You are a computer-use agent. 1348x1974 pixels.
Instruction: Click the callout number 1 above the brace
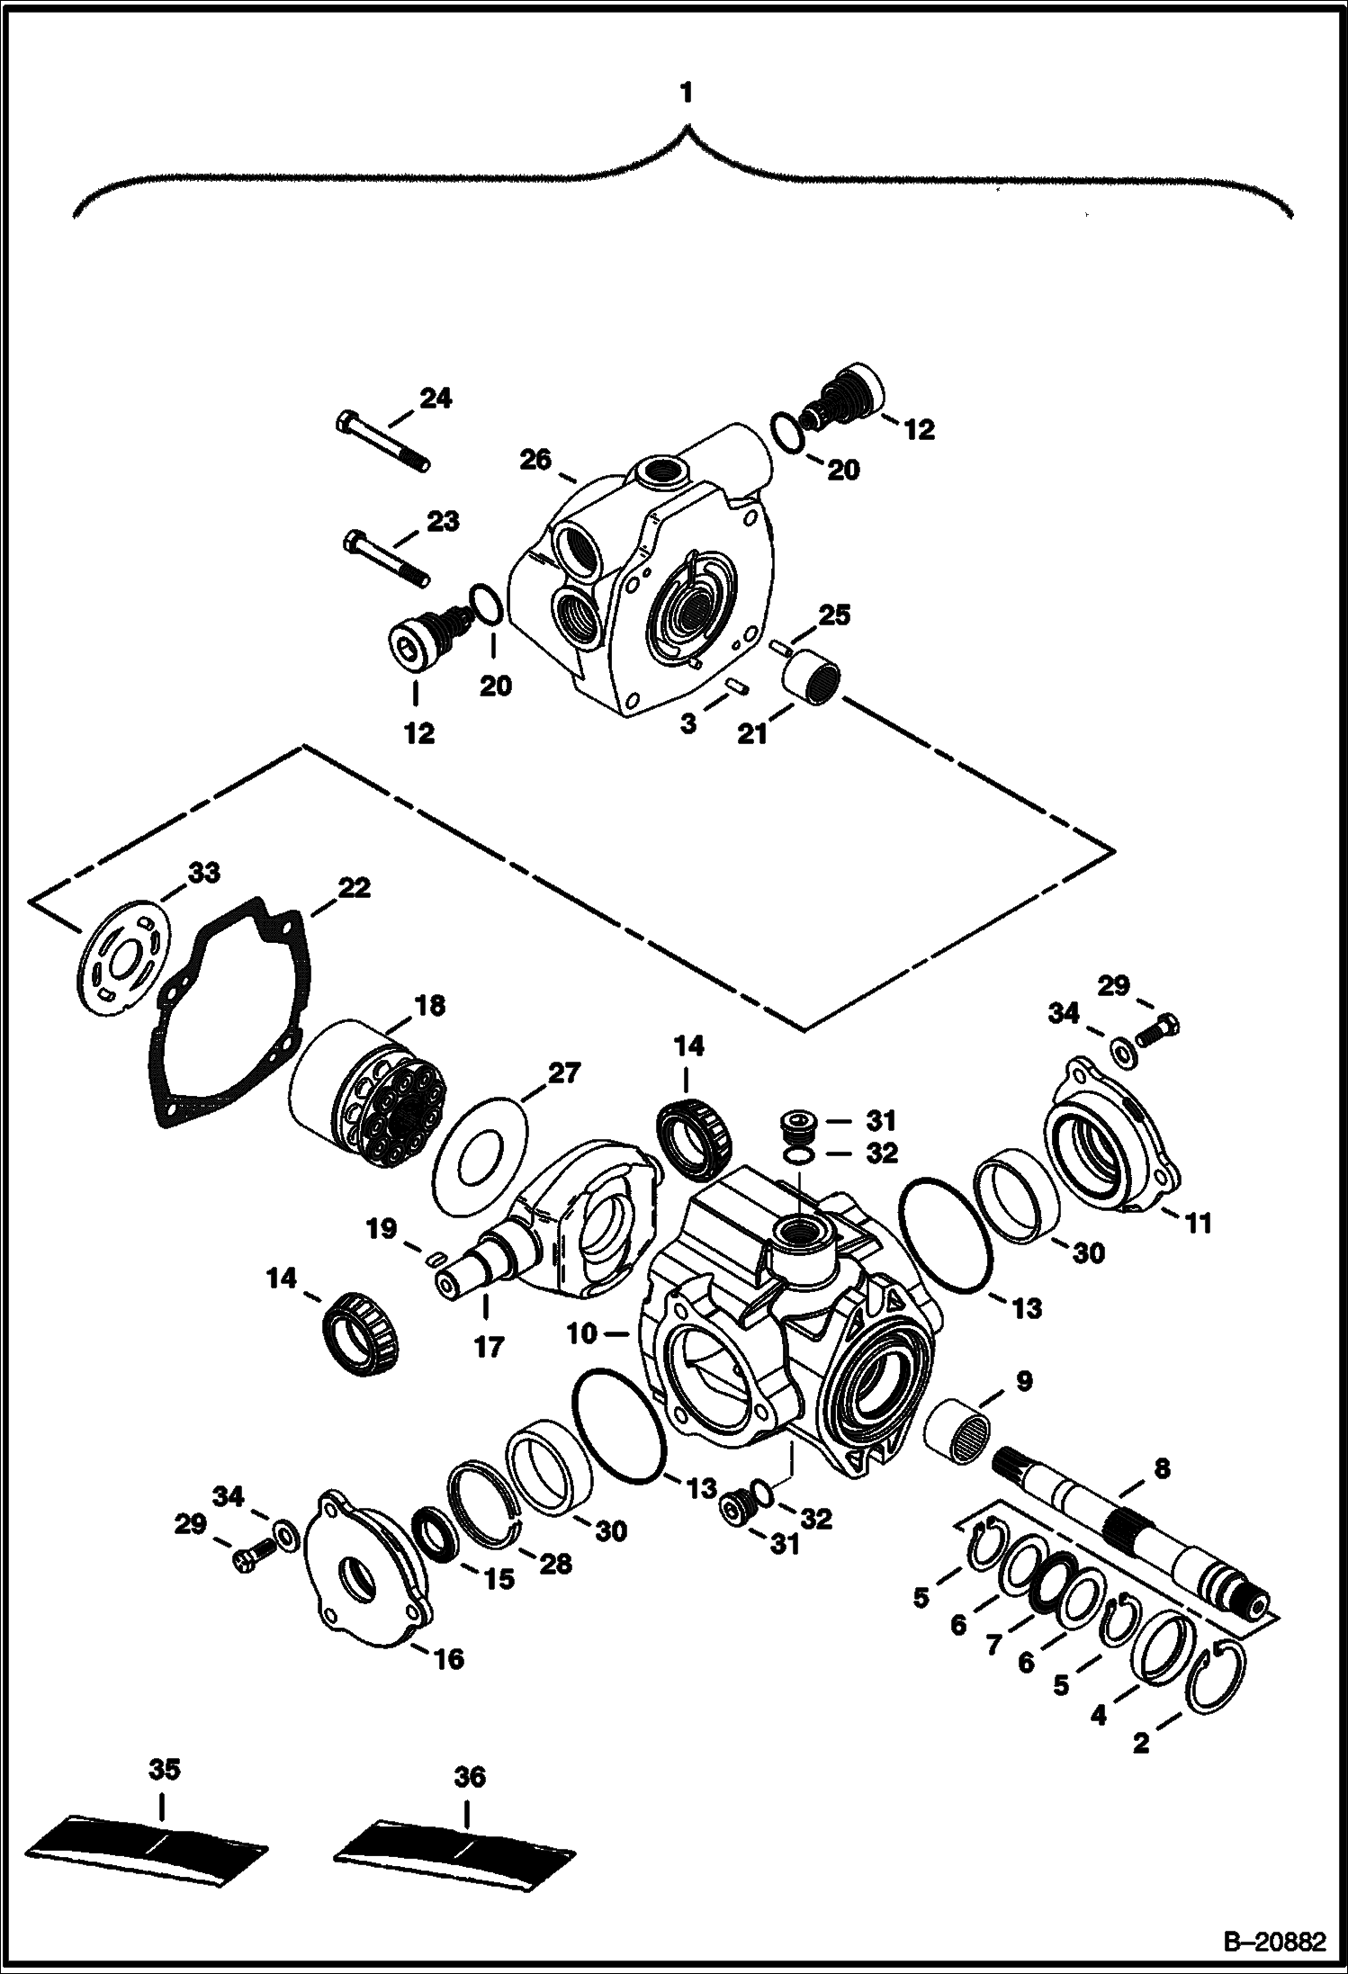pos(687,93)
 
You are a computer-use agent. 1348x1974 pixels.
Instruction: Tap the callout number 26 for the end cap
pos(535,460)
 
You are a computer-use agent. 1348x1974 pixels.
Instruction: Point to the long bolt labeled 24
pos(383,443)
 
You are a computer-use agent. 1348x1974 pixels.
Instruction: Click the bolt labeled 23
pos(386,558)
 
